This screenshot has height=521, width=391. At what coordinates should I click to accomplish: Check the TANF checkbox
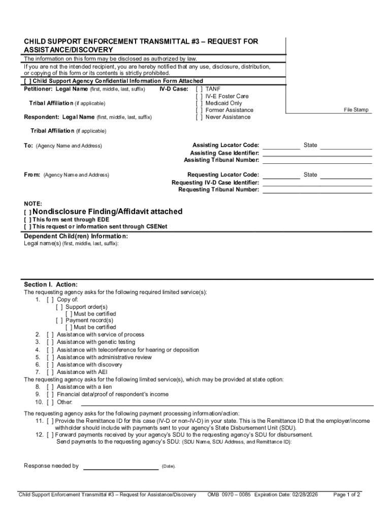199,89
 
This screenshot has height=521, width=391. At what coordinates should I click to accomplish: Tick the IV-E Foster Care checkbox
199,96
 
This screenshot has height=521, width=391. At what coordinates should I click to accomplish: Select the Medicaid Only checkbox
199,103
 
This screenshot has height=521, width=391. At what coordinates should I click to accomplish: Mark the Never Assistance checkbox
199,117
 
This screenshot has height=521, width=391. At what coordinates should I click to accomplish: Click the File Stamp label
356,110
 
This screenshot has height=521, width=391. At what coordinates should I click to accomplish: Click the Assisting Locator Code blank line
281,148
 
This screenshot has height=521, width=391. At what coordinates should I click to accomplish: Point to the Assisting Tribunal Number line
317,162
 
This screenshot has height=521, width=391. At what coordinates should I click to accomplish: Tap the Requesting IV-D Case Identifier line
317,185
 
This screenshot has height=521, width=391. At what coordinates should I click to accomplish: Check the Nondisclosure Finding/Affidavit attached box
27,212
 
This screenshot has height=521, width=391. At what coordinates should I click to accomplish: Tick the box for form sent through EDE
27,219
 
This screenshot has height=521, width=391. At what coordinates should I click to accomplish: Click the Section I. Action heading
51,284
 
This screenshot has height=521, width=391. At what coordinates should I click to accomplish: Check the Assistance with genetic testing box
50,342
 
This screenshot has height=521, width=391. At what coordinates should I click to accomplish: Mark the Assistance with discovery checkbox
50,364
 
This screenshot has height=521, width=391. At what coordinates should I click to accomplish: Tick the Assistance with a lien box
50,387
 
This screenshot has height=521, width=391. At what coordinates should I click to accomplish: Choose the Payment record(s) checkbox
59,321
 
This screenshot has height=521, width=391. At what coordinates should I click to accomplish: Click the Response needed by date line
121,468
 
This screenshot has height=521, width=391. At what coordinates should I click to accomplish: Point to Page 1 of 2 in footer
346,494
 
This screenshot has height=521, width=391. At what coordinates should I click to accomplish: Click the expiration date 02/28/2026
303,494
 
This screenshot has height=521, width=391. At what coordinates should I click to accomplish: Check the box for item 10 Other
50,402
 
